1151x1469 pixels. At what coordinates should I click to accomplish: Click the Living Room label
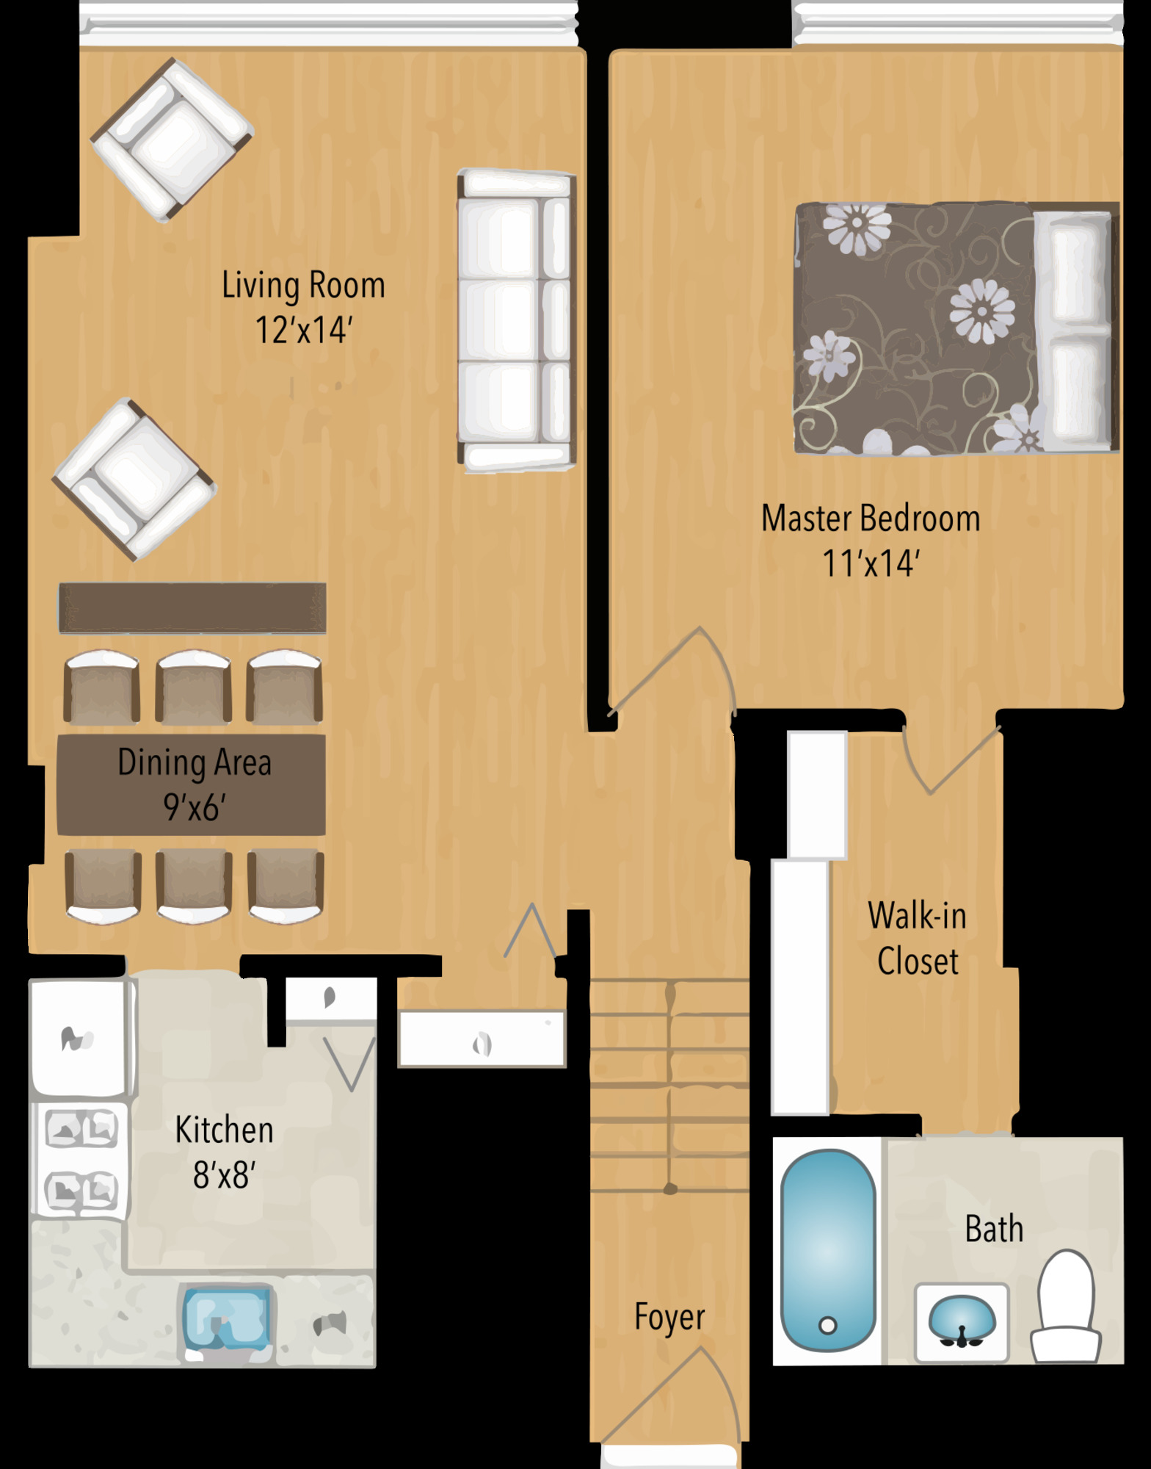[303, 286]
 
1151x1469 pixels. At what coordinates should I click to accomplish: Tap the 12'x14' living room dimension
[304, 331]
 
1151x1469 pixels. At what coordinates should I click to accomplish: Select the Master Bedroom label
[871, 519]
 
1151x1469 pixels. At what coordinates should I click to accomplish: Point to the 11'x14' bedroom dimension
[871, 564]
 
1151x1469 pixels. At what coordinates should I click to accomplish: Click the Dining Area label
[195, 763]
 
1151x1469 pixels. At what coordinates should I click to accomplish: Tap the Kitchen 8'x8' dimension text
[224, 1175]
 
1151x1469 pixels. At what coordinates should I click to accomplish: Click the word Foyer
[669, 1317]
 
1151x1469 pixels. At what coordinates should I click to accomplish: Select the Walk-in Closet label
[918, 939]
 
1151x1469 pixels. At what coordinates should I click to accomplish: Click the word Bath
[994, 1229]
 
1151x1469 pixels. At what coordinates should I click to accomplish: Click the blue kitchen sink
[226, 1318]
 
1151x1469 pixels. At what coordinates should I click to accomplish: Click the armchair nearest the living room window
[173, 140]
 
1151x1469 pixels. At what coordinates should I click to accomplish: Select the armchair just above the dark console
[134, 480]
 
